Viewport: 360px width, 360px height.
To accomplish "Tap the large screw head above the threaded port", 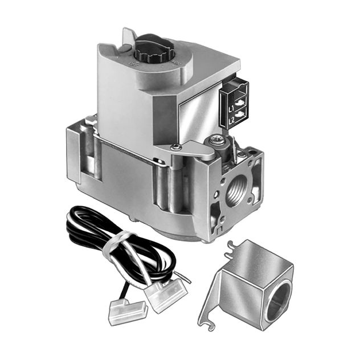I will (216, 139).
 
